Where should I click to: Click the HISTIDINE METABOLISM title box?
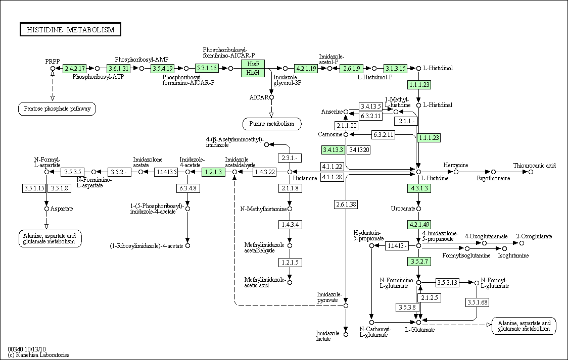click(71, 30)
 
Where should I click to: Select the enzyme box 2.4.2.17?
click(75, 68)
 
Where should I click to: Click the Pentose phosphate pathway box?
click(57, 109)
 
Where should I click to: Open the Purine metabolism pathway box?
click(272, 124)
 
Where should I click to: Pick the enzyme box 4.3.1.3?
click(418, 188)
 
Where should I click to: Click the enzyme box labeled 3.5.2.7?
click(418, 261)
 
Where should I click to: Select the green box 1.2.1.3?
click(213, 172)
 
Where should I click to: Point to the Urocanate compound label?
click(402, 209)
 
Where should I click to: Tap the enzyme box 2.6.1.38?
click(346, 204)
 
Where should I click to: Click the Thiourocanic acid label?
click(534, 166)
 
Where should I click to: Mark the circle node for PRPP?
click(53, 68)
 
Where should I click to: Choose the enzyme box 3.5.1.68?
click(477, 302)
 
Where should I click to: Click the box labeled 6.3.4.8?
click(187, 188)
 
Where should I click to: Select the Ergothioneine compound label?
click(493, 178)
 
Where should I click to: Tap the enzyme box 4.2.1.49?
click(418, 224)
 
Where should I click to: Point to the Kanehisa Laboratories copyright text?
click(39, 355)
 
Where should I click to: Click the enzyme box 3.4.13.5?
click(370, 106)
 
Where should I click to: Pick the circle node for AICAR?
click(271, 97)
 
